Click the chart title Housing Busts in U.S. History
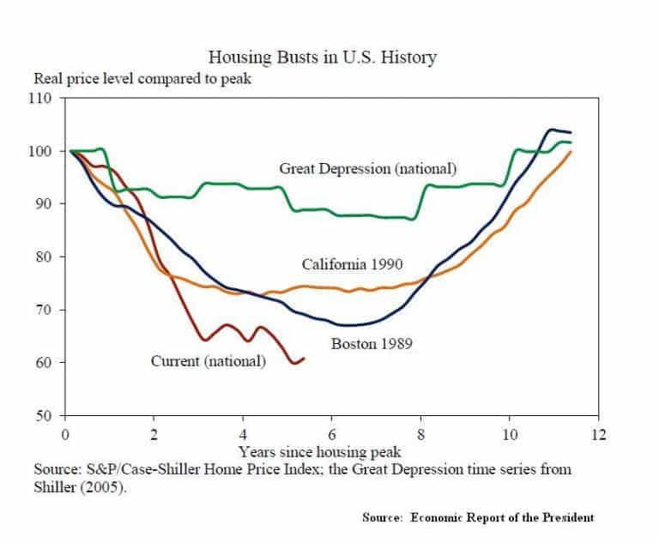(323, 57)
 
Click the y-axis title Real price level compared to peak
(142, 79)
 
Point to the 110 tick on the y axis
(40, 99)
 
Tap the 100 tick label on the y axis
(40, 151)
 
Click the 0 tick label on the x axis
(65, 435)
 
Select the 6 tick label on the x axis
(332, 435)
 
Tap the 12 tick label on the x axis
(599, 435)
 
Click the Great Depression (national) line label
(367, 169)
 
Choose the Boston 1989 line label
(372, 344)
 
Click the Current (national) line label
(209, 361)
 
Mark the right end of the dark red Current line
(304, 359)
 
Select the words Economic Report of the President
(503, 517)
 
